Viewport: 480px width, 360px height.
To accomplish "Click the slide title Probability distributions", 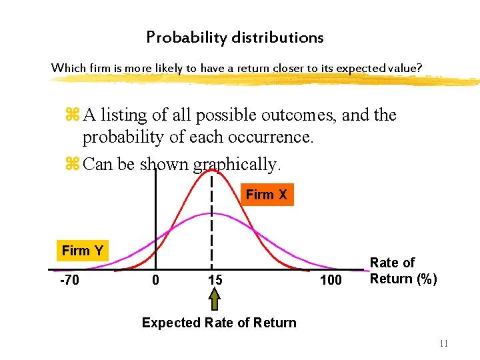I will click(x=235, y=38).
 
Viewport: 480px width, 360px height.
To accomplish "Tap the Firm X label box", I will click(x=266, y=195).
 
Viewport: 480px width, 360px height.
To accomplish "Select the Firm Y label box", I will click(x=82, y=251).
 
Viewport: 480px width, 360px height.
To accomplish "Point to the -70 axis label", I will click(x=69, y=280).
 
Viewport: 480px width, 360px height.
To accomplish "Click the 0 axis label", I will click(x=155, y=280).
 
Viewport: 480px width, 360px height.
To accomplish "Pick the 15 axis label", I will click(x=215, y=280).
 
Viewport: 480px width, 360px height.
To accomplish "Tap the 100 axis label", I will click(x=331, y=280).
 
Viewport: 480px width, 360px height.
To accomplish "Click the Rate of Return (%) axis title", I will click(x=403, y=271).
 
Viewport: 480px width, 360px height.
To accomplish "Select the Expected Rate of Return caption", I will click(x=219, y=323).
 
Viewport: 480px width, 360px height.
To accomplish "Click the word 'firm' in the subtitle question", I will click(x=95, y=68).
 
